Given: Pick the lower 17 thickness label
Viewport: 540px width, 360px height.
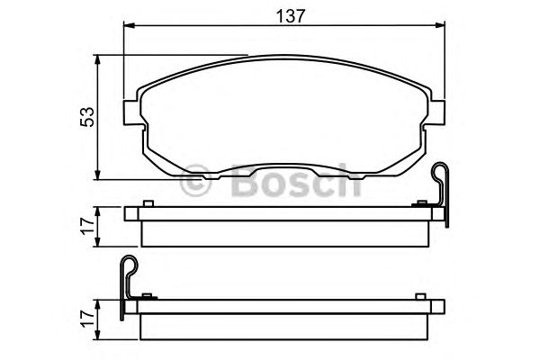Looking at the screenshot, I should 86,318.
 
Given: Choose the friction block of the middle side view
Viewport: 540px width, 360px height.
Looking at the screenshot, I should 285,233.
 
